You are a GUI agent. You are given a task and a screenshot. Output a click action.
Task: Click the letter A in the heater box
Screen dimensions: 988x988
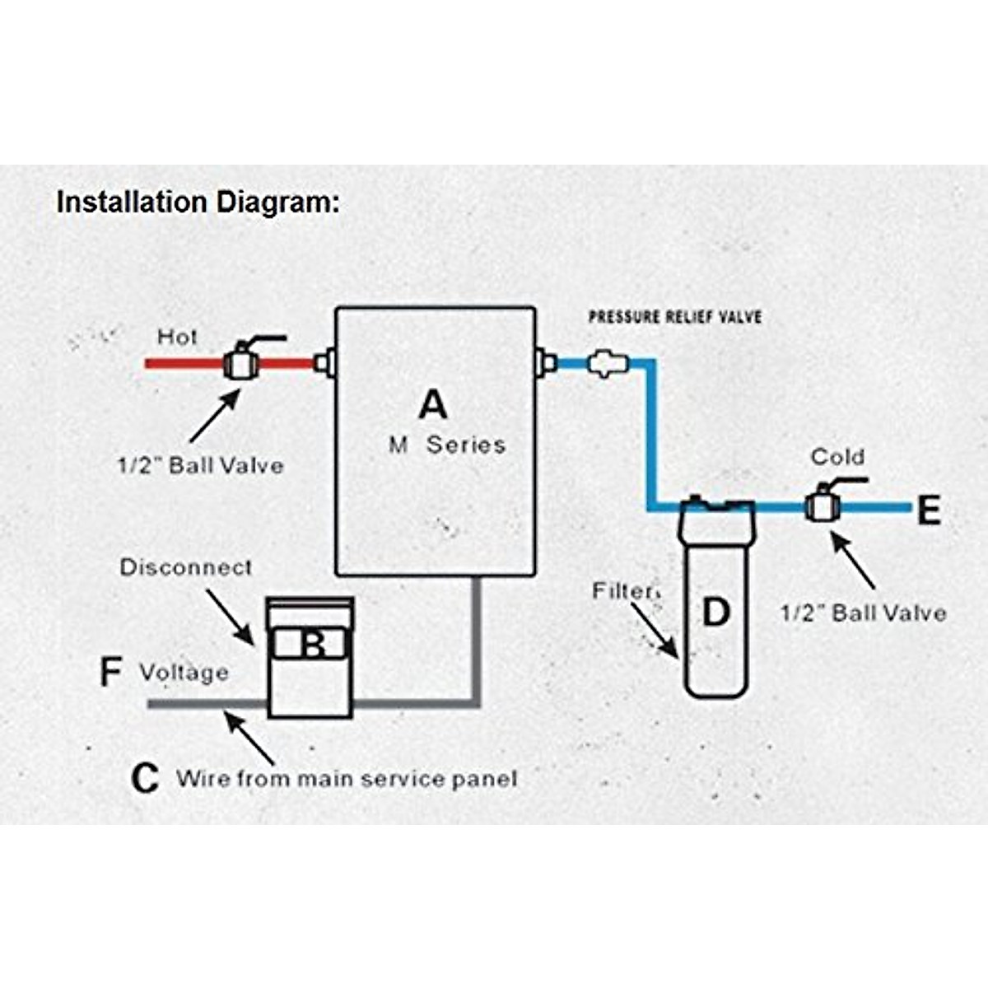coord(433,404)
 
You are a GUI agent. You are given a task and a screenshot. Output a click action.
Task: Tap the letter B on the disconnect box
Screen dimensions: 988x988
coord(313,644)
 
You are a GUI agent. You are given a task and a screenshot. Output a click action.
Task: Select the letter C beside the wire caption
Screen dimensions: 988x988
coord(145,778)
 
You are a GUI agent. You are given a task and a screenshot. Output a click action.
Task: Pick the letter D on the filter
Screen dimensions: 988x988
coord(715,612)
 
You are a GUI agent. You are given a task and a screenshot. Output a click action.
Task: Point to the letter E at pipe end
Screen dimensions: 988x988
coord(929,511)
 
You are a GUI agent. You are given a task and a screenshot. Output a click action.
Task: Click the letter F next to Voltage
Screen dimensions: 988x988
coord(110,672)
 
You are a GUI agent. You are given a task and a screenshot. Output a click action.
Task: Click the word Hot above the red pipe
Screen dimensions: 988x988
coord(177,337)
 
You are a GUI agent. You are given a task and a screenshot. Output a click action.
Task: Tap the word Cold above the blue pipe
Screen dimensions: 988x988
coord(837,457)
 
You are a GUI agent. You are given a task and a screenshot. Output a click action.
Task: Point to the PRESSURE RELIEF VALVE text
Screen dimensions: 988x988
coord(674,317)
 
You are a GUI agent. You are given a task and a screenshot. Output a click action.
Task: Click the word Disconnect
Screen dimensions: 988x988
coord(186,567)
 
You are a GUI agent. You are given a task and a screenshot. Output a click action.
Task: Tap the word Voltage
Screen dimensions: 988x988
coord(184,673)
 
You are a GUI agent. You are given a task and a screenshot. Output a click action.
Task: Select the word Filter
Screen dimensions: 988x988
coord(625,591)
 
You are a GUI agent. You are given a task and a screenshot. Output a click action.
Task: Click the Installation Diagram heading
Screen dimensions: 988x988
coord(198,203)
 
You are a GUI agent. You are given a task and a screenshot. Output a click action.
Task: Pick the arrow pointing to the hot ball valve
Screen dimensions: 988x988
coord(214,417)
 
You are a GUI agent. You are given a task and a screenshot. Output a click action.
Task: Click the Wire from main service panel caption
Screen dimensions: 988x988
coord(347,779)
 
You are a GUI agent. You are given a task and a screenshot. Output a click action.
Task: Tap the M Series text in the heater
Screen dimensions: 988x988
coord(447,445)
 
